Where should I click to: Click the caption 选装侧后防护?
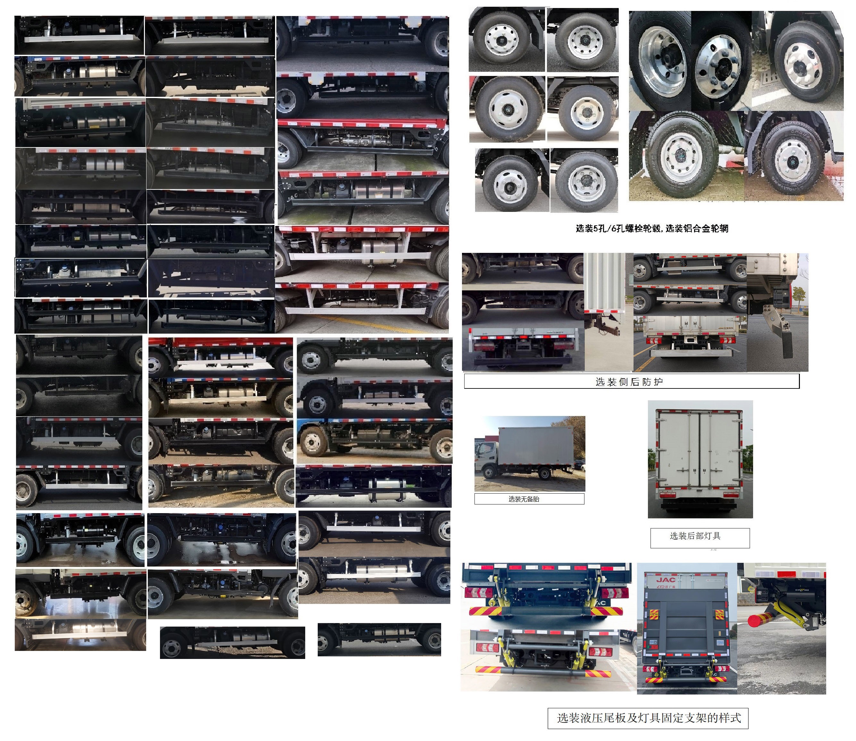tap(629, 382)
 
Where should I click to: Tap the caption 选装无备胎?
tap(524, 499)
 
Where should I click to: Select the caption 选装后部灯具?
tap(695, 536)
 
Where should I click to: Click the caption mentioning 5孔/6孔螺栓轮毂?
tap(652, 228)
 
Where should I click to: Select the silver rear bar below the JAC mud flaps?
tap(691, 353)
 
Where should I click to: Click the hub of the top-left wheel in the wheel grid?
tap(501, 40)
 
